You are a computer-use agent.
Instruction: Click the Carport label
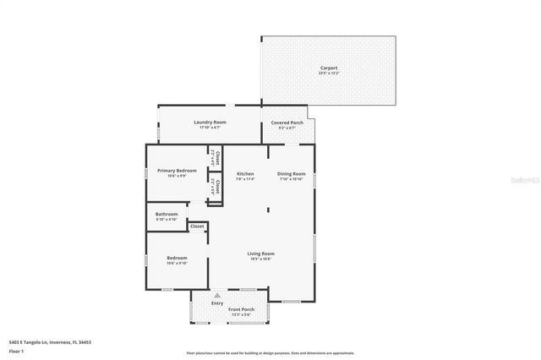(328, 67)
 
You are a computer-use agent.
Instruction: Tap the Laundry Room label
(210, 122)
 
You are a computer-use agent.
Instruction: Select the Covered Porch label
(287, 122)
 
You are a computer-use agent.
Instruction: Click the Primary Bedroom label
(177, 170)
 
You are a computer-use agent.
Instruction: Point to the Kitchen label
(245, 174)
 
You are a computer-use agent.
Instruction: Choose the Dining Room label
(290, 174)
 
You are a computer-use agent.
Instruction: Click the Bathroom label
(167, 214)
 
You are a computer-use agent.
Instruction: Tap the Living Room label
(260, 254)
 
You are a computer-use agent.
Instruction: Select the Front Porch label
(241, 309)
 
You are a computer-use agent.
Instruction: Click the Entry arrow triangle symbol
(217, 295)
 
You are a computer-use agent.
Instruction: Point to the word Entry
(217, 303)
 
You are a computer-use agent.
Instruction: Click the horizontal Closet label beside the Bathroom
(197, 226)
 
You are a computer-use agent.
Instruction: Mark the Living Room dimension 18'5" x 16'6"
(260, 259)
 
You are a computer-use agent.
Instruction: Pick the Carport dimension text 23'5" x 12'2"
(328, 73)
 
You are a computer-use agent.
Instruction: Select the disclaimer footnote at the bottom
(270, 352)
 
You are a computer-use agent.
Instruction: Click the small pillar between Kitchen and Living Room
(269, 210)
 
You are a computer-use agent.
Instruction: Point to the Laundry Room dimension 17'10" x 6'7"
(210, 128)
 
